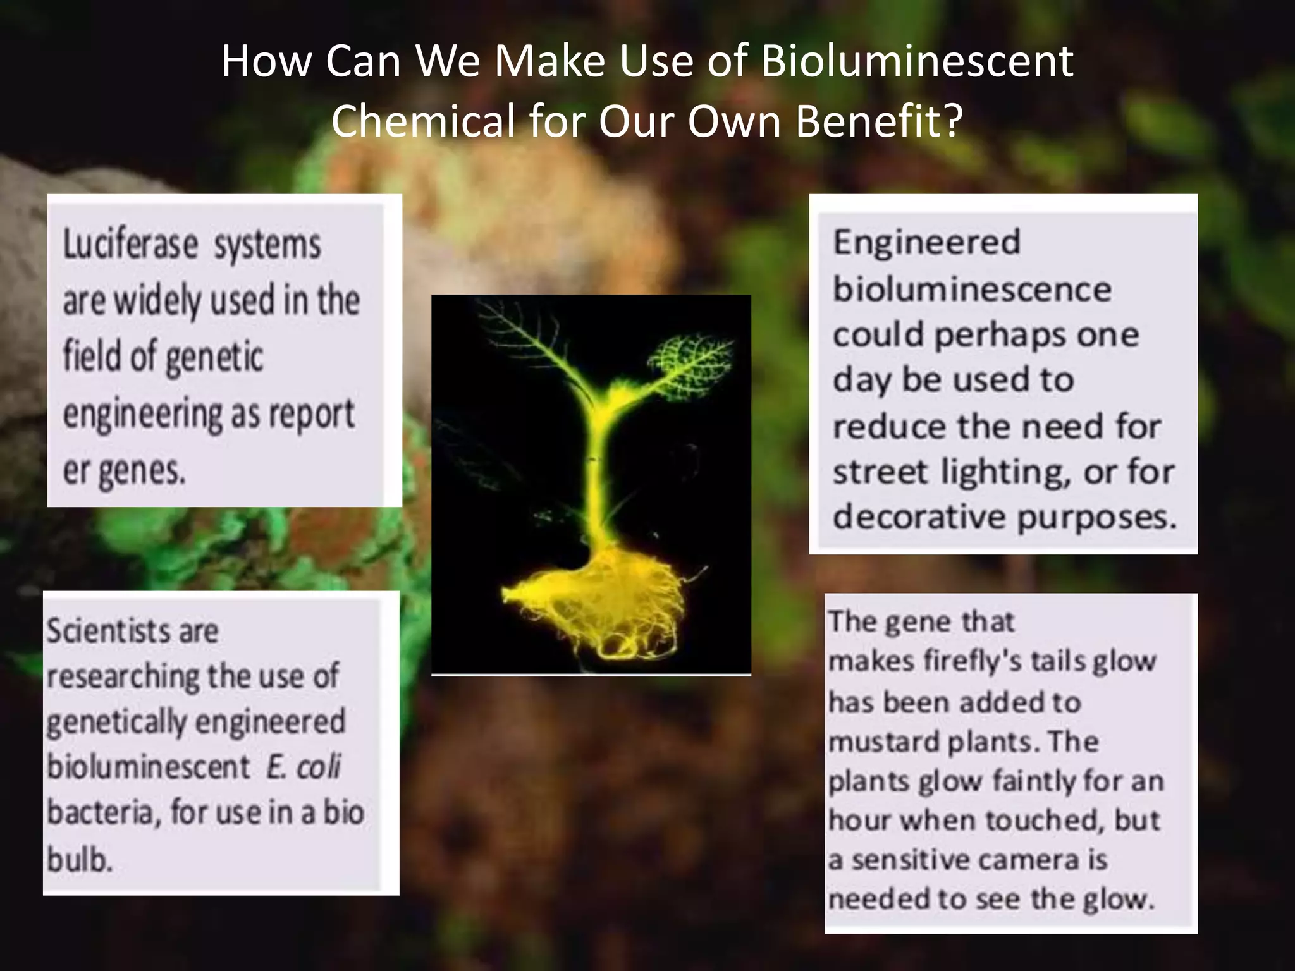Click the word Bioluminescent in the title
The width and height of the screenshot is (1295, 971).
tap(917, 62)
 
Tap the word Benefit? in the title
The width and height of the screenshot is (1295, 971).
tap(880, 121)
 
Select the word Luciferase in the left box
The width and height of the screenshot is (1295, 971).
tap(130, 245)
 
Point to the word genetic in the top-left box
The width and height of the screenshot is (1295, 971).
tap(214, 357)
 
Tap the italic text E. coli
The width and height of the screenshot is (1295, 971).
tap(304, 767)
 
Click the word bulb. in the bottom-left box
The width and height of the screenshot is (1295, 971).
tap(79, 859)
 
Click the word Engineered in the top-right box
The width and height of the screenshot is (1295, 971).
tap(926, 243)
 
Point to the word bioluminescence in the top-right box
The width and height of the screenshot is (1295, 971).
tap(972, 290)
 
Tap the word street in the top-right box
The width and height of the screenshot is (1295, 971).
tap(880, 472)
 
